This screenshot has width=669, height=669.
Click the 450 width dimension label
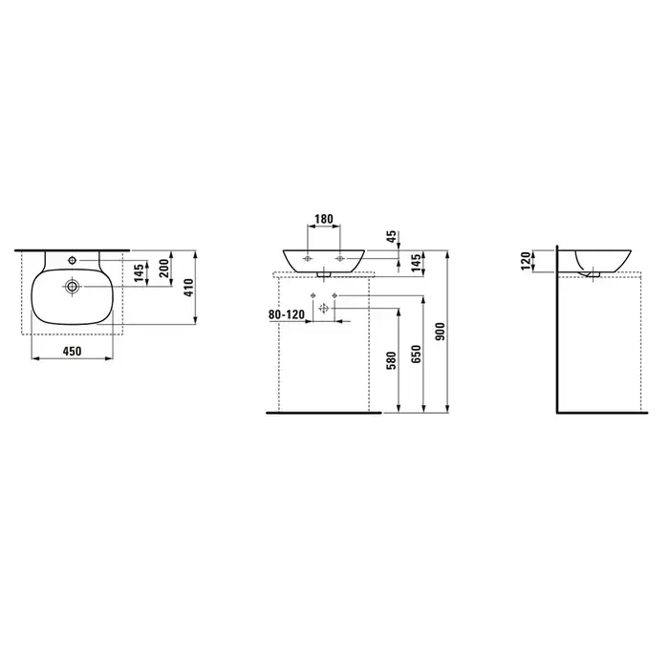pyautogui.click(x=72, y=351)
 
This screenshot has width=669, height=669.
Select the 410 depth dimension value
pyautogui.click(x=189, y=288)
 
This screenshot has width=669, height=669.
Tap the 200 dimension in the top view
pyautogui.click(x=164, y=269)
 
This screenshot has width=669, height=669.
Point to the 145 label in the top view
pyautogui.click(x=140, y=273)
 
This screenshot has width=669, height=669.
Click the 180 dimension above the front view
pyautogui.click(x=323, y=219)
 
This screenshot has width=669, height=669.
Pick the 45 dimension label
pyautogui.click(x=392, y=236)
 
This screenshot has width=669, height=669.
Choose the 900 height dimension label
pyautogui.click(x=441, y=332)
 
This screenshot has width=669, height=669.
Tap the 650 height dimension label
pyautogui.click(x=417, y=355)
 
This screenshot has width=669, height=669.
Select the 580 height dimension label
pyautogui.click(x=392, y=360)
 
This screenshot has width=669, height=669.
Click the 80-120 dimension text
pyautogui.click(x=287, y=314)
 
